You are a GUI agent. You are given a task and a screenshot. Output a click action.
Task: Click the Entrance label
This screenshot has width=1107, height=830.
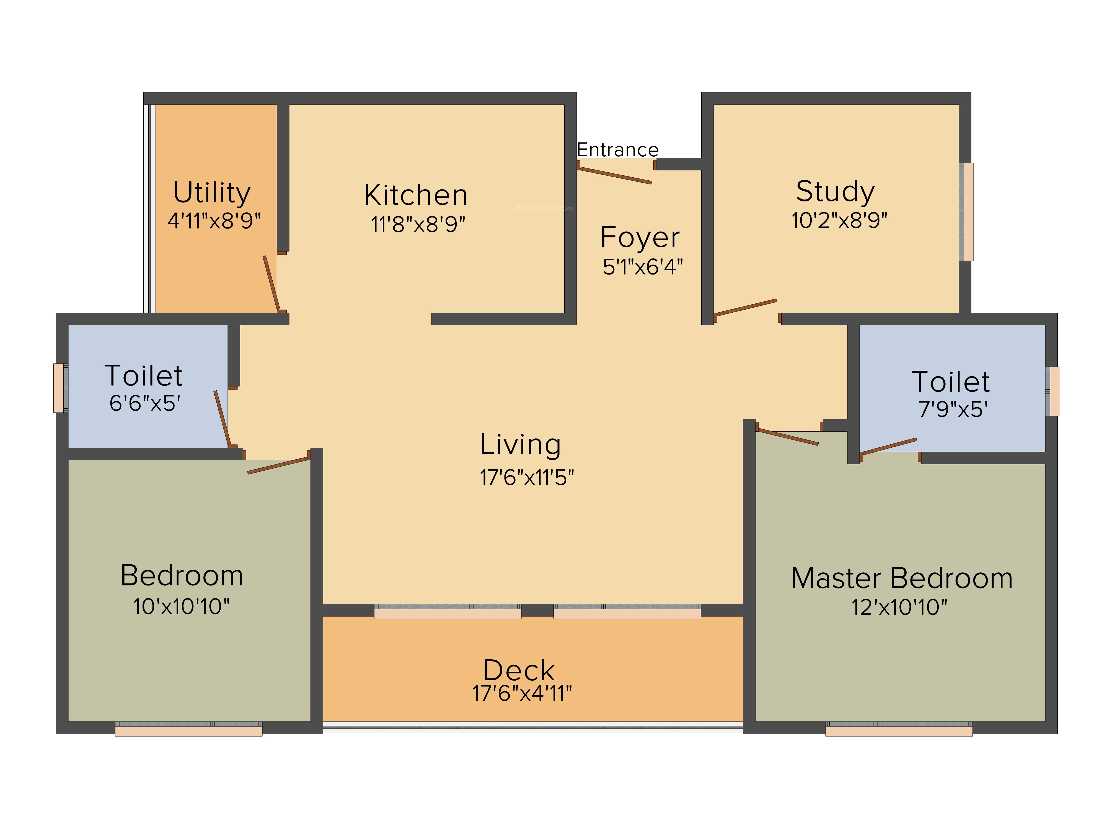(617, 150)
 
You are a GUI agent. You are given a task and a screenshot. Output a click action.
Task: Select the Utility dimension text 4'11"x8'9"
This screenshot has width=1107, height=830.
(214, 220)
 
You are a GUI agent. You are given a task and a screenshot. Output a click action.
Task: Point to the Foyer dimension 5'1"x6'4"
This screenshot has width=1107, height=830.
(643, 267)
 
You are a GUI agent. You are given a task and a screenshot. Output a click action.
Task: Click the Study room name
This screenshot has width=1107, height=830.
(835, 192)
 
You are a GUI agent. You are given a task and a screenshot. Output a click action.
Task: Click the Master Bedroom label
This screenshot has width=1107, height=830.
(902, 578)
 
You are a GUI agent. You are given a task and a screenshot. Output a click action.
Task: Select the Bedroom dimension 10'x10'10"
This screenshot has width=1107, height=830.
(181, 606)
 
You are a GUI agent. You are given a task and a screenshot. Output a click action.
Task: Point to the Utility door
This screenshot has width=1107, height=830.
(271, 283)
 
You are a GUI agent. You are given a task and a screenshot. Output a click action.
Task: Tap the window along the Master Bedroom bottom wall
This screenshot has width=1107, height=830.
(899, 728)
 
